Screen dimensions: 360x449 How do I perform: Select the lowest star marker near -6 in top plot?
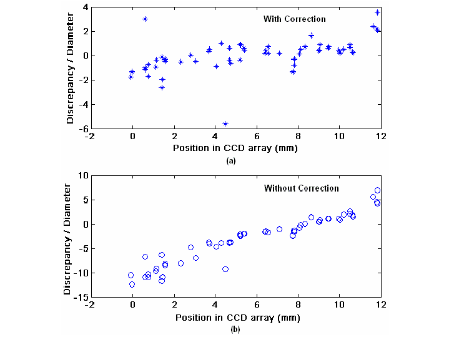coord(225,124)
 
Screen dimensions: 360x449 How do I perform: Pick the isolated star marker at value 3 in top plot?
coord(145,19)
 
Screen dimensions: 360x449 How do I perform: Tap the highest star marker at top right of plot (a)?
coord(377,12)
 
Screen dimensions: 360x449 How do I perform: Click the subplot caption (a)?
coord(231,160)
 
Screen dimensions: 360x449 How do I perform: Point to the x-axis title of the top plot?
coord(235,148)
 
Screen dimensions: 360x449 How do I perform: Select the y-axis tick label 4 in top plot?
coord(83,7)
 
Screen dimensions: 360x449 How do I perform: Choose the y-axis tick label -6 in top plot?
coord(81,128)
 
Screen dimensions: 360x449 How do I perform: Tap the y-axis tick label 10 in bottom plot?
coord(81,176)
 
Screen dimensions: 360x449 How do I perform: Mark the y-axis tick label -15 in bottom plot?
coord(79,297)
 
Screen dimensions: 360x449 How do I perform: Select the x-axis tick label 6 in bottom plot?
coord(256,305)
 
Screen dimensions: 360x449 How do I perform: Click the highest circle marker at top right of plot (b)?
coord(377,190)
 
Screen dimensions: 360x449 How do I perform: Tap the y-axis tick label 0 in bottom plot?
coord(83,224)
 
